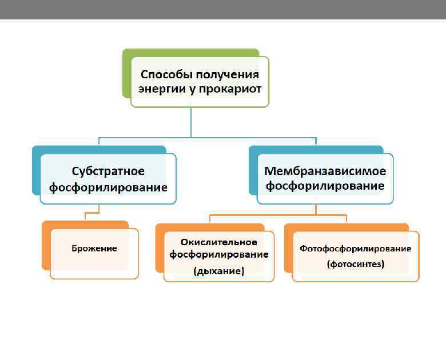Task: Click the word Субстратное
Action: [108, 171]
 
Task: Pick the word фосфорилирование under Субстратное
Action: [108, 187]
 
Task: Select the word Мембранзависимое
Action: [325, 171]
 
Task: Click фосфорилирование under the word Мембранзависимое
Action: [325, 186]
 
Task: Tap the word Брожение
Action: [94, 248]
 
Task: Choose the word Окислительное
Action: [219, 242]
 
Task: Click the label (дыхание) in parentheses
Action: [219, 271]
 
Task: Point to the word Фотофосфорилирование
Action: [356, 249]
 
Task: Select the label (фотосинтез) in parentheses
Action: [356, 264]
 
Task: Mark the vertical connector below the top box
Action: [191, 122]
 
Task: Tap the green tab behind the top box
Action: [126, 74]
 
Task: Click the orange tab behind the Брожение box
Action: [46, 246]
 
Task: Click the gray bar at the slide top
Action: [223, 9]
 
